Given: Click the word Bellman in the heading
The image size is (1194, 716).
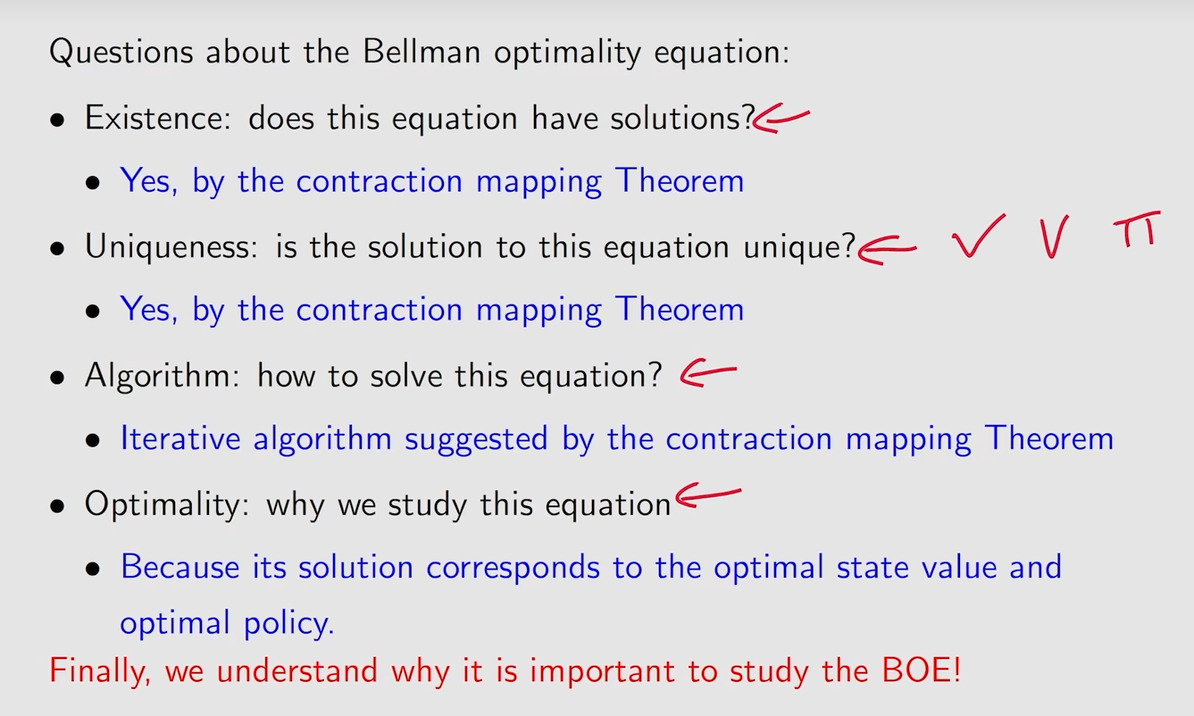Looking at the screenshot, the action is [x=422, y=52].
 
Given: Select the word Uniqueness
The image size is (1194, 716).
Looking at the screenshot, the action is [x=171, y=246].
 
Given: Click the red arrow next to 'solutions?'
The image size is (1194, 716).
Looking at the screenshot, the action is [x=781, y=118].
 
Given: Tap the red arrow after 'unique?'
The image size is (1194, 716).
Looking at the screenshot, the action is [x=888, y=250].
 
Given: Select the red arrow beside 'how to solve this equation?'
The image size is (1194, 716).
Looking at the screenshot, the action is [x=708, y=372].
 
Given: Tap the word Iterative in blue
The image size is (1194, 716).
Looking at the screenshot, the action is [x=180, y=438].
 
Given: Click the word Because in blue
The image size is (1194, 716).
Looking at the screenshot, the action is [x=180, y=566].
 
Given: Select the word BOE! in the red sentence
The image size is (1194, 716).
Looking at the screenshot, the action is [x=921, y=670].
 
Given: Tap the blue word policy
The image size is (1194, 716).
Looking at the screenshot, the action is [x=289, y=623].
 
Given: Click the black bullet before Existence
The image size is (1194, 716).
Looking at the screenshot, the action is [x=57, y=121].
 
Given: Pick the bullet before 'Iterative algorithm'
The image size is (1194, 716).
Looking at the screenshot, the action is [x=93, y=440].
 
